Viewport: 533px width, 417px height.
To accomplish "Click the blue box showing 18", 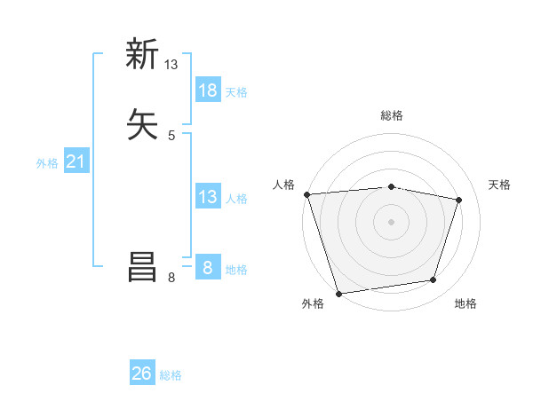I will pos(208,90).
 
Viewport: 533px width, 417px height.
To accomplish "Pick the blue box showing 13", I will pos(208,197).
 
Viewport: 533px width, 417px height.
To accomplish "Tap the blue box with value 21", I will pos(76,161).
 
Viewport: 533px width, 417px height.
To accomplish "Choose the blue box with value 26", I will pos(142,374).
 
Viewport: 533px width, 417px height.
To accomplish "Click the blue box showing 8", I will pos(208,267).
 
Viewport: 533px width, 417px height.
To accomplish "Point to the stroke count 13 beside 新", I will pos(171,65).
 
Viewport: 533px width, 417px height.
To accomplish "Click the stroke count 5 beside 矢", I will pos(171,135).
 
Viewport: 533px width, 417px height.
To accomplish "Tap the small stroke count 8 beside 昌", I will pos(171,279).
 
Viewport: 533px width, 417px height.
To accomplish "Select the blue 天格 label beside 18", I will pos(236,91).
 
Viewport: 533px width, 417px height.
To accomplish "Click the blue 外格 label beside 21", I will pos(47,163).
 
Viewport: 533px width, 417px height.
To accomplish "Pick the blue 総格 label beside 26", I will pos(171,375).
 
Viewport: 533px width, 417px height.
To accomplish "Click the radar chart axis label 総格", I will pos(391,115).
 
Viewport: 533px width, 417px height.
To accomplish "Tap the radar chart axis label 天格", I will pos(499,185).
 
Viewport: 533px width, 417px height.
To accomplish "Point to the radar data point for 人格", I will pos(306,194).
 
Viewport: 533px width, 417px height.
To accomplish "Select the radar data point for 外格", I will pos(338,293).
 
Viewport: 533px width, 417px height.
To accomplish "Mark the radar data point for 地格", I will pos(434,280).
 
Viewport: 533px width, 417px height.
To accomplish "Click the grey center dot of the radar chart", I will pos(391,222).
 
